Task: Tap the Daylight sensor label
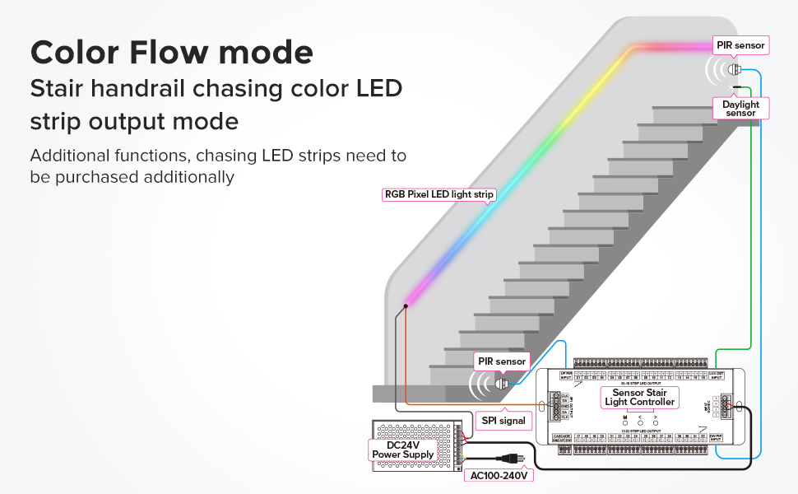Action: coord(740,109)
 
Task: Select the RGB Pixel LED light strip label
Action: coord(439,195)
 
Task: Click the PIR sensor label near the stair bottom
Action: coord(502,361)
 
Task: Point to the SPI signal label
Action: coord(502,421)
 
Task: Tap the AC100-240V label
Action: coord(499,475)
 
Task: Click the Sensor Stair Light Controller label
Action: coord(639,397)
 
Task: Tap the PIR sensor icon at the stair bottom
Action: coord(501,382)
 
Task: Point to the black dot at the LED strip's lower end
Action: coord(406,307)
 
